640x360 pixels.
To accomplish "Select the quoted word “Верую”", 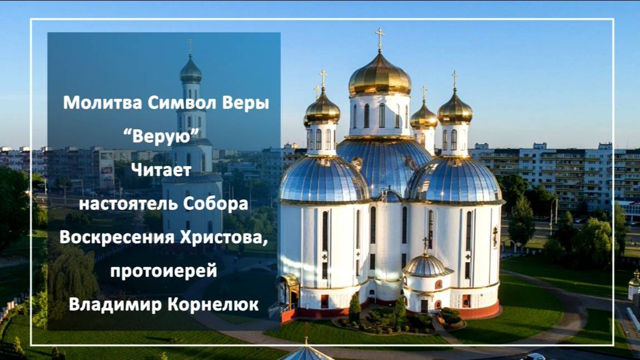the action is [161, 136].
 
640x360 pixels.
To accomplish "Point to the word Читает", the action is [161, 170].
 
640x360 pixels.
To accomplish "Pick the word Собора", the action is [216, 204].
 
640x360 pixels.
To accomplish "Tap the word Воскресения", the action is [117, 237].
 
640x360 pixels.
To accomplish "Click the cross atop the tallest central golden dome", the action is [380, 38].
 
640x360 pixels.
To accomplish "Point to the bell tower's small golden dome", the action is [191, 71].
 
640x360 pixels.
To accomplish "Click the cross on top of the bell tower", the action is [191, 46].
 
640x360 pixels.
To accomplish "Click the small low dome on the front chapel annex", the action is [426, 265].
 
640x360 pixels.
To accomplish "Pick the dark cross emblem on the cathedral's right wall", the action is [495, 236].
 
